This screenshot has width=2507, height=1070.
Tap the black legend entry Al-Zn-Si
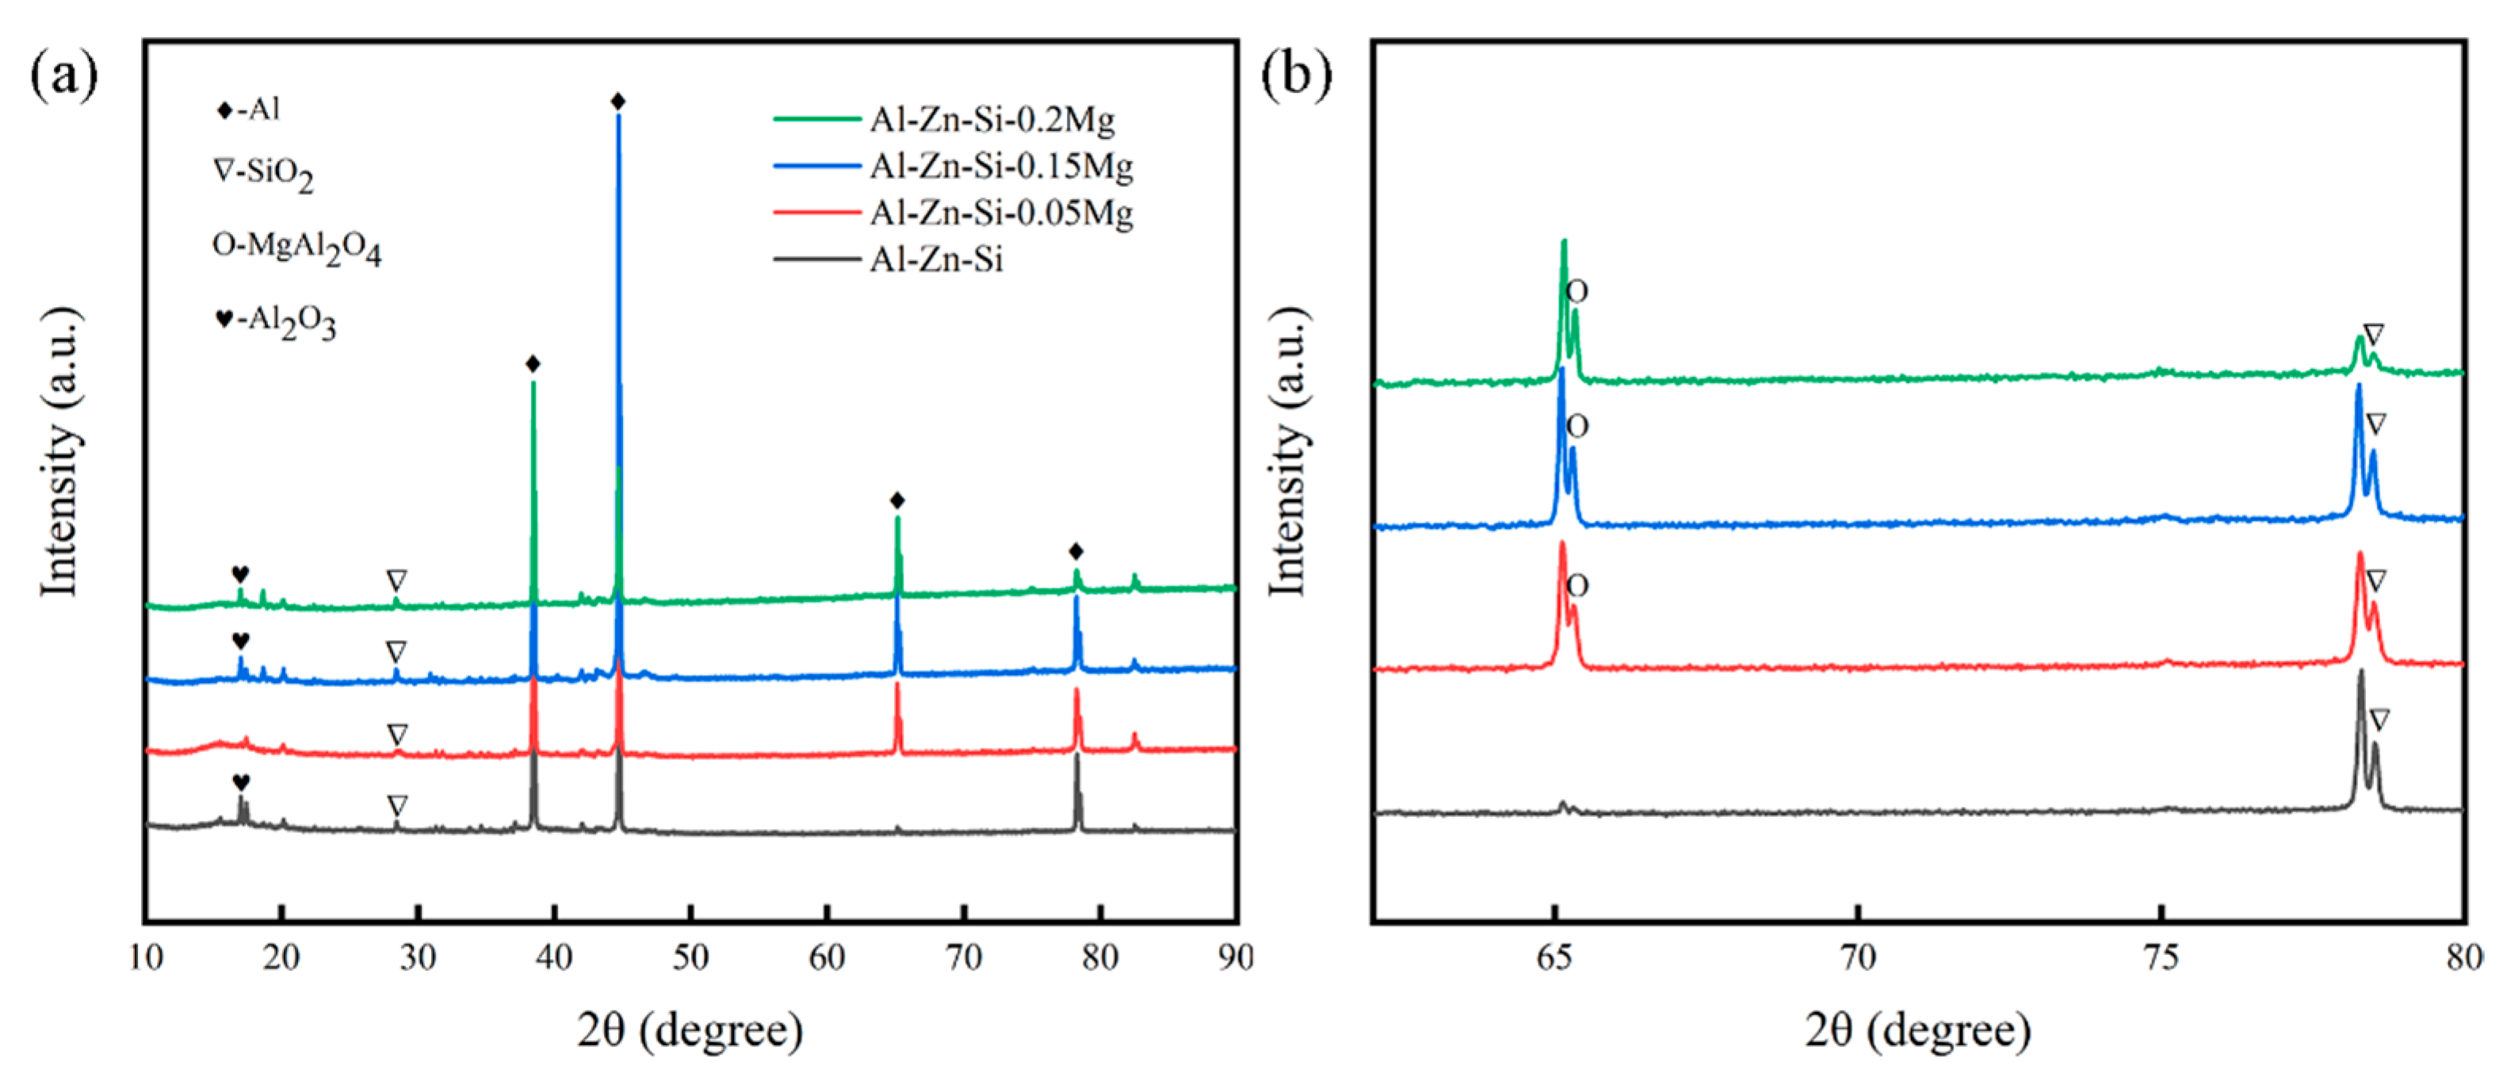click(x=935, y=260)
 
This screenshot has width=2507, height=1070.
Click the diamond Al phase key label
click(x=248, y=110)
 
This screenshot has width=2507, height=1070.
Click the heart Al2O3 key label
click(x=275, y=320)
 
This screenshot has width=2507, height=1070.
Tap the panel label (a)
click(x=64, y=75)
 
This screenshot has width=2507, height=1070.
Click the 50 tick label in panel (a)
click(x=690, y=958)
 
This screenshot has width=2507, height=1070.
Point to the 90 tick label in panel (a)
click(x=1235, y=958)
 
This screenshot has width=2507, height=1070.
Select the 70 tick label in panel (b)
click(x=1858, y=958)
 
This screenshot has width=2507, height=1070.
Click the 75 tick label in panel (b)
click(x=2161, y=958)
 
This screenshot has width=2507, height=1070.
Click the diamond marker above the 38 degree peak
click(x=533, y=364)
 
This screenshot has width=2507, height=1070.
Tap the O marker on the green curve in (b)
click(x=1577, y=291)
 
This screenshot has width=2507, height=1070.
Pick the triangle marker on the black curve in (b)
click(x=2379, y=720)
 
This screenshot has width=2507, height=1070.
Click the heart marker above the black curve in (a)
click(x=240, y=782)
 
